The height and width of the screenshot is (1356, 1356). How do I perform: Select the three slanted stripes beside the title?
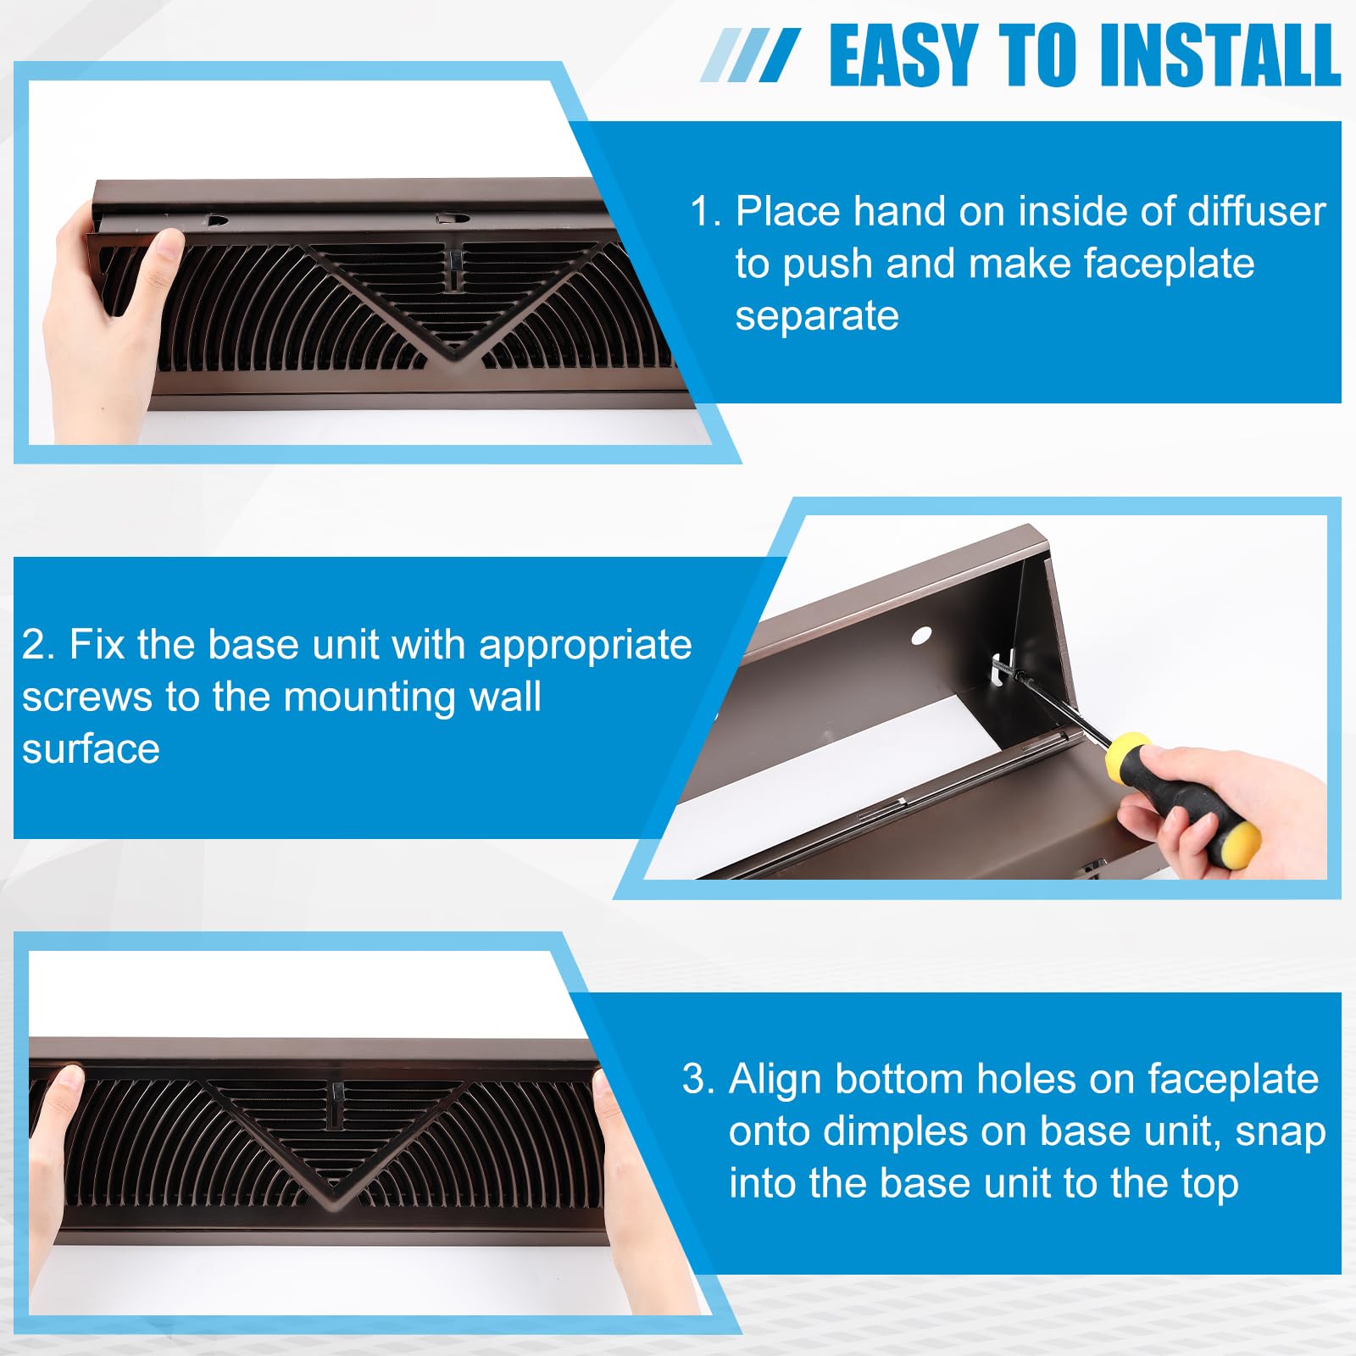[x=750, y=56]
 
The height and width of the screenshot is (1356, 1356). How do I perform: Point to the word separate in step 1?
[x=816, y=316]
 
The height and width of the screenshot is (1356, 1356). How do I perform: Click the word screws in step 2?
[x=87, y=697]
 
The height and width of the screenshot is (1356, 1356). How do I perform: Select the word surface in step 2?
[x=91, y=749]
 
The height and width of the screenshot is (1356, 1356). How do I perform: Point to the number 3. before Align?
[x=699, y=1079]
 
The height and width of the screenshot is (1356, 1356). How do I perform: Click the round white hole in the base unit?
[x=921, y=635]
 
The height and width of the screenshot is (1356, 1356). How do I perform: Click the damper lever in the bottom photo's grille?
[x=338, y=1103]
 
